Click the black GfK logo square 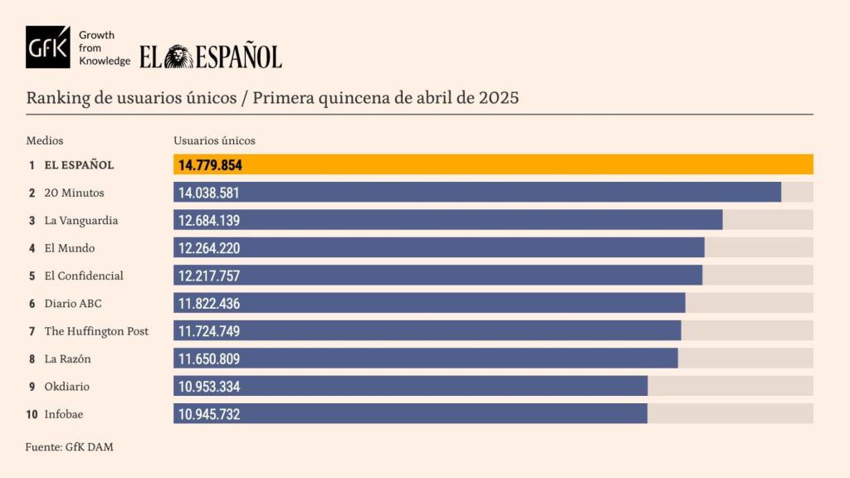pos(48,47)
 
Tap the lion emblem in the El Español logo pos(178,56)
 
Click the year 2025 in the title pos(499,97)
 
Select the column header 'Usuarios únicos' pos(214,140)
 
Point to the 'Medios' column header pos(45,140)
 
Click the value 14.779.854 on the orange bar pos(210,165)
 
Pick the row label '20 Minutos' pos(74,193)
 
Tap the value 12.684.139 pos(209,221)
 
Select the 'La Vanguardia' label pos(81,221)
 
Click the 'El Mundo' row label pos(69,248)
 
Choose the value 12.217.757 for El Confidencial pos(209,276)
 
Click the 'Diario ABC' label pos(72,304)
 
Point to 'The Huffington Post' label pos(96,331)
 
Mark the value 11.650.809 pos(209,359)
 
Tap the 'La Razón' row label pos(67,359)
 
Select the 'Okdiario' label pos(66,387)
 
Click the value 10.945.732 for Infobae pos(209,414)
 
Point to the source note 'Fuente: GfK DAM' pos(70,447)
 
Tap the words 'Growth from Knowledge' pos(104,48)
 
